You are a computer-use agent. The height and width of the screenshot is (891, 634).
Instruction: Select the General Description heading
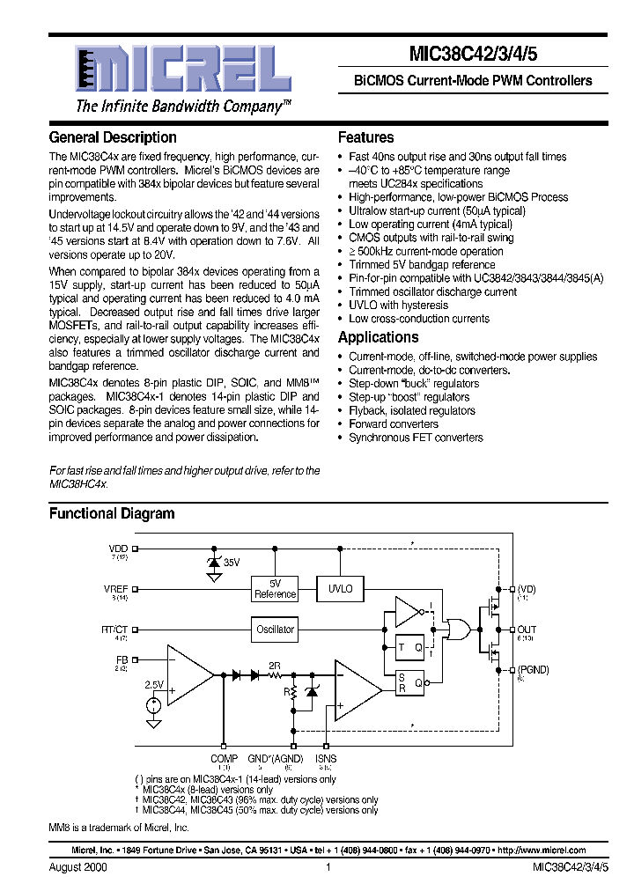tap(113, 137)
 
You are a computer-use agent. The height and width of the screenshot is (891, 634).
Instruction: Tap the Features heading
tap(366, 137)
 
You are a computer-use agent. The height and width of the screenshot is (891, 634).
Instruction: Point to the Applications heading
tap(379, 337)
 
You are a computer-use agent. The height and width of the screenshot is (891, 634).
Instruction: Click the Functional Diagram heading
tap(112, 513)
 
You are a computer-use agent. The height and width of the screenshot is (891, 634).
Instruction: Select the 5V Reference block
tap(275, 589)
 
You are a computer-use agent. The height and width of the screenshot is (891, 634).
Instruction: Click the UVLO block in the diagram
tap(340, 588)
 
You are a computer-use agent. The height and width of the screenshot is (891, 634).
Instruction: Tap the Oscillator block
tap(275, 630)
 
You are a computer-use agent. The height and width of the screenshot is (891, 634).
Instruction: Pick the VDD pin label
tap(118, 549)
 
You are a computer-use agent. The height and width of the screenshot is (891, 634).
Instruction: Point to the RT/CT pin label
tap(114, 630)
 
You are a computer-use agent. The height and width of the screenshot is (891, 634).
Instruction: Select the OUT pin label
tap(527, 630)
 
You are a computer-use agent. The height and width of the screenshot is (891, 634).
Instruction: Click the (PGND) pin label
tap(533, 669)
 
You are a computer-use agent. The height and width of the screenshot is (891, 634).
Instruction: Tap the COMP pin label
tap(224, 758)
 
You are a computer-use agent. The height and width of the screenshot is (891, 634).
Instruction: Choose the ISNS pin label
tap(326, 758)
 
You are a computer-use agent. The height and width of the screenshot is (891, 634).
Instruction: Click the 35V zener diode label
tap(232, 561)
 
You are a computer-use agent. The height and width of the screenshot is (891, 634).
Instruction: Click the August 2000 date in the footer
tap(75, 867)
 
